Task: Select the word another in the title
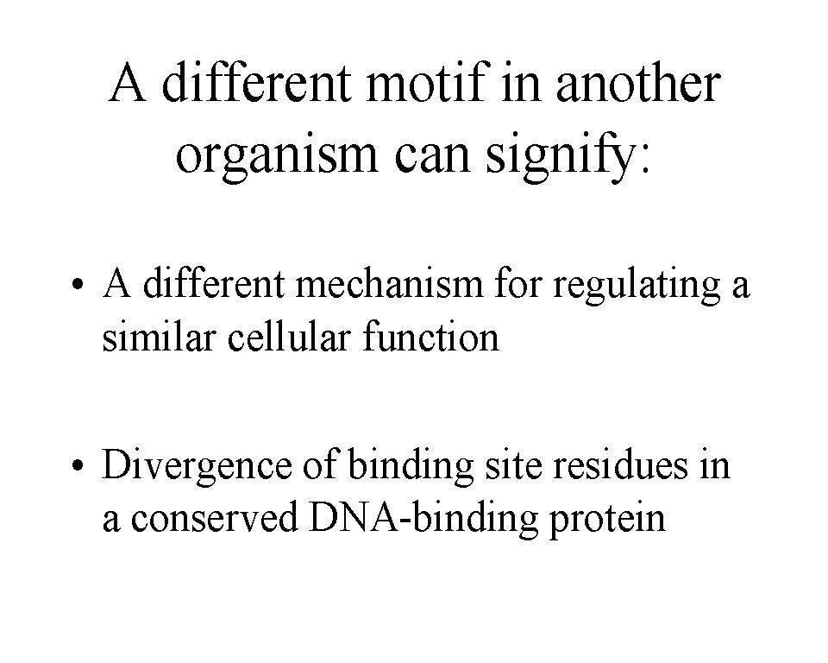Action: pos(638,83)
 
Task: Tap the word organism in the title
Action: pos(277,157)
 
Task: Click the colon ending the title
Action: pos(643,162)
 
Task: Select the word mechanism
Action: pos(389,283)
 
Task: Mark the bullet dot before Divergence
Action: pos(78,466)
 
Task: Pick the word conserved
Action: pos(215,517)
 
